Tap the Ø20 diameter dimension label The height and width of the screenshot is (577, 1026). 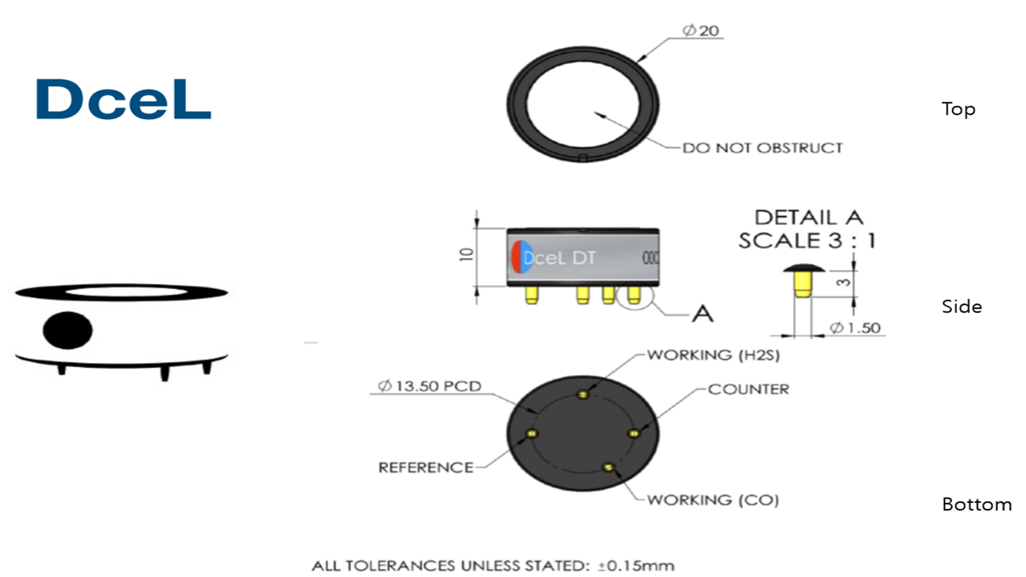[x=701, y=31]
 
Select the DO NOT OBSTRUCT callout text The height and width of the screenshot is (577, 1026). [x=762, y=148]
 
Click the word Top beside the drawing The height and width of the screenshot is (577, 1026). [x=958, y=109]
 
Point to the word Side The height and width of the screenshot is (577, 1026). [x=962, y=307]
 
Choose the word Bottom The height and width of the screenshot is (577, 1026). [x=977, y=505]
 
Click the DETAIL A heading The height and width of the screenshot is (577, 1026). [x=809, y=217]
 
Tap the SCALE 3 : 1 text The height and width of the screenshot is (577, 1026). [x=807, y=241]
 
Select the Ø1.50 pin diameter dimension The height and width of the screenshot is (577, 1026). [x=855, y=328]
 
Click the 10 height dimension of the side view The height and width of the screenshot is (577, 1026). [x=466, y=254]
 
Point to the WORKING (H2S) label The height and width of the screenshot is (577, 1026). [x=713, y=355]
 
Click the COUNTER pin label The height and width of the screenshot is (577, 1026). [x=748, y=389]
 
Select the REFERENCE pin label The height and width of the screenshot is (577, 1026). [x=426, y=468]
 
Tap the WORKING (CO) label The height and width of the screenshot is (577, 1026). [x=713, y=500]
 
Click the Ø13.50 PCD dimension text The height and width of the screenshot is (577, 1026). [x=430, y=386]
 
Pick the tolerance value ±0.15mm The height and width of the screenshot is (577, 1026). [x=636, y=566]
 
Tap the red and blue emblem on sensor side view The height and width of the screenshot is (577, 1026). [x=522, y=256]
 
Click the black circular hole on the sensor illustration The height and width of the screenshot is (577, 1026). [x=68, y=330]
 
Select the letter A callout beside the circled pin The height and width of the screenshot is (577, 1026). [x=702, y=313]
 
